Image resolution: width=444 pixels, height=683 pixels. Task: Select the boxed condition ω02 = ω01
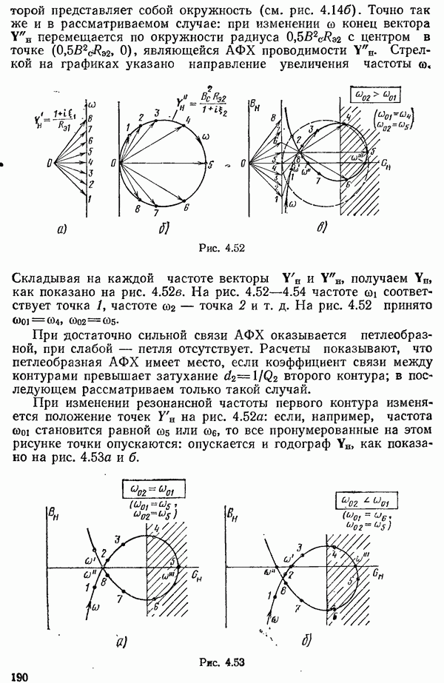point(154,490)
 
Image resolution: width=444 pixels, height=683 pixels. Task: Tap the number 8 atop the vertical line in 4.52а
point(90,117)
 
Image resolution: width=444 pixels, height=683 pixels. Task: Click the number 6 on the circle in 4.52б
point(186,209)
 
